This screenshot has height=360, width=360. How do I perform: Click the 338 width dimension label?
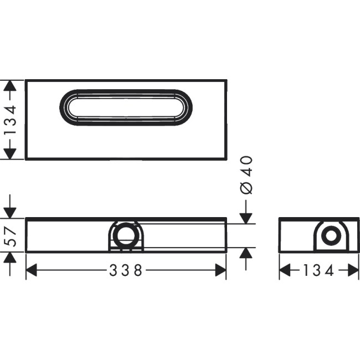(x=126, y=270)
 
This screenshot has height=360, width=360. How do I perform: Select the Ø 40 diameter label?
(x=246, y=174)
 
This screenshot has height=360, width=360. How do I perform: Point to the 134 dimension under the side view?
(x=319, y=270)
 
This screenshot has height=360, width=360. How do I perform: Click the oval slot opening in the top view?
(x=126, y=106)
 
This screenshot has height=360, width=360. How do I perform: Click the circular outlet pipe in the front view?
(x=125, y=234)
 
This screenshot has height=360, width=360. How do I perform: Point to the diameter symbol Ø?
(x=246, y=187)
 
